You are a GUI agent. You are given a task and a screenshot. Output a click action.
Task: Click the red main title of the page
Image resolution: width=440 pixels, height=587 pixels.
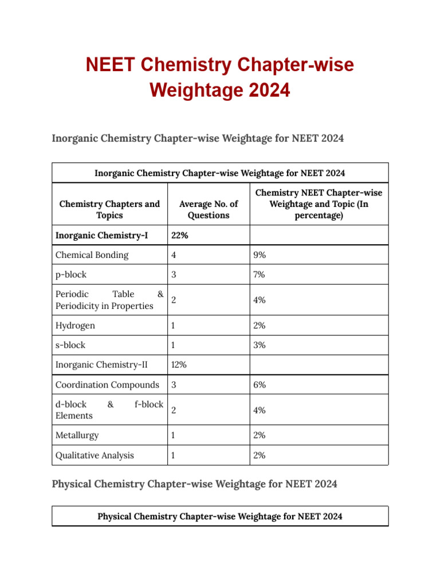[x=220, y=77]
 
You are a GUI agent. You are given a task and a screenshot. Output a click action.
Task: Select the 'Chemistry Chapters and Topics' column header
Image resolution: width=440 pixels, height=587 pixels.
[x=109, y=210]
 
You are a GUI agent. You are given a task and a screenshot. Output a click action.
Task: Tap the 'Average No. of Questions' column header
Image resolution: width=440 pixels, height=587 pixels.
[x=209, y=210]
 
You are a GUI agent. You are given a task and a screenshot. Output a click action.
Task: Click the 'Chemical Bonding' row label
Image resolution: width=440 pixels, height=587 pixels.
[x=92, y=255]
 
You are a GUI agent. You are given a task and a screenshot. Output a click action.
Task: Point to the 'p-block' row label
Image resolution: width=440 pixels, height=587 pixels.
[x=71, y=275]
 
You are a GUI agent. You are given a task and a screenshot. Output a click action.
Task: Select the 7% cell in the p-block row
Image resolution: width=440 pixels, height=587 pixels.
[x=260, y=275]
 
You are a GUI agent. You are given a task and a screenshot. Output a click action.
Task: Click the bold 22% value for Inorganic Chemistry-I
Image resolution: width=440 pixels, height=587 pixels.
[x=180, y=235]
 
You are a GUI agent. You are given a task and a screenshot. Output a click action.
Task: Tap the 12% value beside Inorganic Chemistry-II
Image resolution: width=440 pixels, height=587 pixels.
[x=179, y=364]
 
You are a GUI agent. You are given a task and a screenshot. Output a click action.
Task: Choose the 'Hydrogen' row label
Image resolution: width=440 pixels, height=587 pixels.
[x=75, y=326]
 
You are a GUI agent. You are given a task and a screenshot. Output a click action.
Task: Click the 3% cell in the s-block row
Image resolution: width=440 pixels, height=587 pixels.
[x=260, y=345]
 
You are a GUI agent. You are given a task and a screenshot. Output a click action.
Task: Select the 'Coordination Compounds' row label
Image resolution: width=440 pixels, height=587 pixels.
[x=107, y=385]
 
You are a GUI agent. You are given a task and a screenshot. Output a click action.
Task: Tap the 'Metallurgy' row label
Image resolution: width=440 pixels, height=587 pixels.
[x=77, y=435]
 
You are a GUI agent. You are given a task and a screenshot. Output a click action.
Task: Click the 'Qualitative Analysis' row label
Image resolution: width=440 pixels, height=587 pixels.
[x=95, y=455]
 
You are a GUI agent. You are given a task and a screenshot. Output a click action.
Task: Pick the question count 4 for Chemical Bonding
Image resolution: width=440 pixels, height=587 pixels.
[x=174, y=255]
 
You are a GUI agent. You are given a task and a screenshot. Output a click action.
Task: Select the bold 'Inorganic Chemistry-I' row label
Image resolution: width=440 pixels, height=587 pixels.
[x=101, y=235]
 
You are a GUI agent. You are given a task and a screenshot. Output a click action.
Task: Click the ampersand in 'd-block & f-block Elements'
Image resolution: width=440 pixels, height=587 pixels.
[x=110, y=404]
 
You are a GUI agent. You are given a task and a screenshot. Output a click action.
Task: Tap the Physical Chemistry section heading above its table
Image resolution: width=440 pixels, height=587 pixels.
[x=194, y=484]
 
